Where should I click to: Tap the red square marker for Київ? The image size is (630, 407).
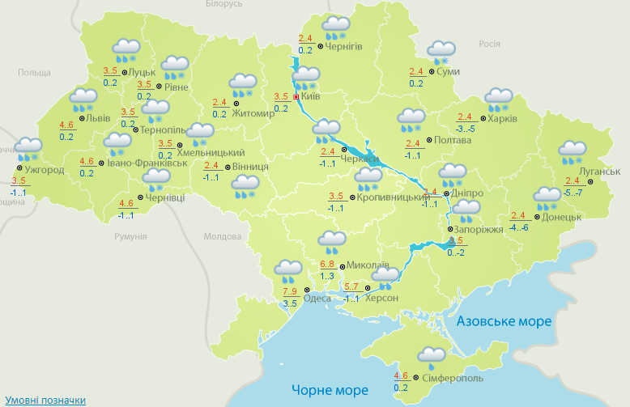coord(296,97)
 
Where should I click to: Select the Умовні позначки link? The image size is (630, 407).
coord(45,401)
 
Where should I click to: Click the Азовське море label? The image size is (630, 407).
coord(504,321)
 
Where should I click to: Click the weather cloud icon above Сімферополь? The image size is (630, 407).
coord(431,356)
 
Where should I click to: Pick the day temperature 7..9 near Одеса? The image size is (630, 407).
coord(290,291)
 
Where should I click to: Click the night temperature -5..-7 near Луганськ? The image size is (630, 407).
coord(573,193)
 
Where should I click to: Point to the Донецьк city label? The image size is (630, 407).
coord(562,217)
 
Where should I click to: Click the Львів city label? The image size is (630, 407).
coord(98,117)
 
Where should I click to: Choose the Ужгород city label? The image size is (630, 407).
coord(44,170)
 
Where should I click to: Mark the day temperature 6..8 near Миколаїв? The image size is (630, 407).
coord(328,265)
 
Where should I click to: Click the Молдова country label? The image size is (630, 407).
coord(217,236)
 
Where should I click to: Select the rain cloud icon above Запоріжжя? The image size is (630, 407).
coord(466,211)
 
